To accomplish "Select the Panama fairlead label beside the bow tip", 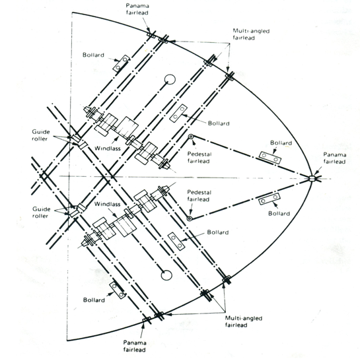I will (334, 159).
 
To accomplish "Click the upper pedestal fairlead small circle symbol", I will (190, 137).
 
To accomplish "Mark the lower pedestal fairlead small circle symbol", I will (189, 218).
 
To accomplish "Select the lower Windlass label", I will (106, 204).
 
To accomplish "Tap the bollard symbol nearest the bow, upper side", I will (270, 158).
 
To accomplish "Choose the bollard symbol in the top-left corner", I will (119, 65).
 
